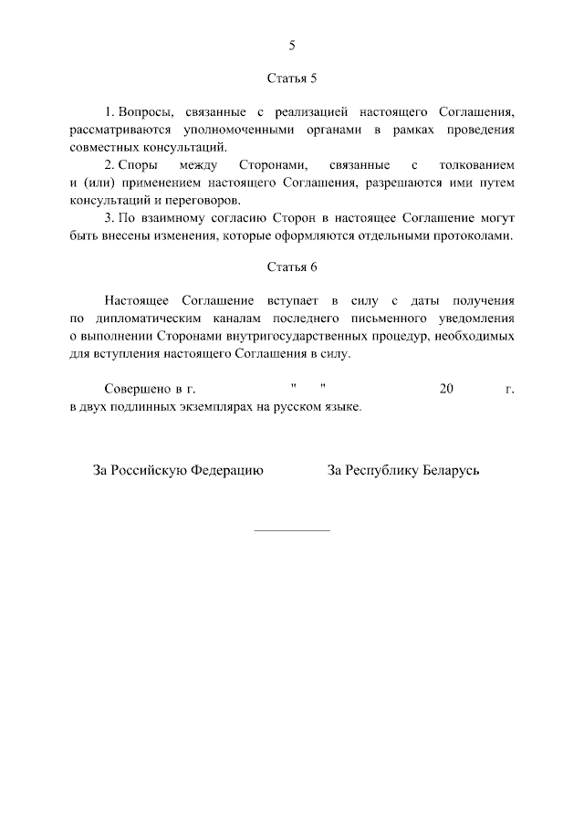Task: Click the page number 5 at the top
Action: [292, 45]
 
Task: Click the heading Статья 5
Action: [292, 79]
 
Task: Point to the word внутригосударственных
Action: [297, 335]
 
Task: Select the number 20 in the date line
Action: [446, 389]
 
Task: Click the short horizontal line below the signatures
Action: [291, 530]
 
